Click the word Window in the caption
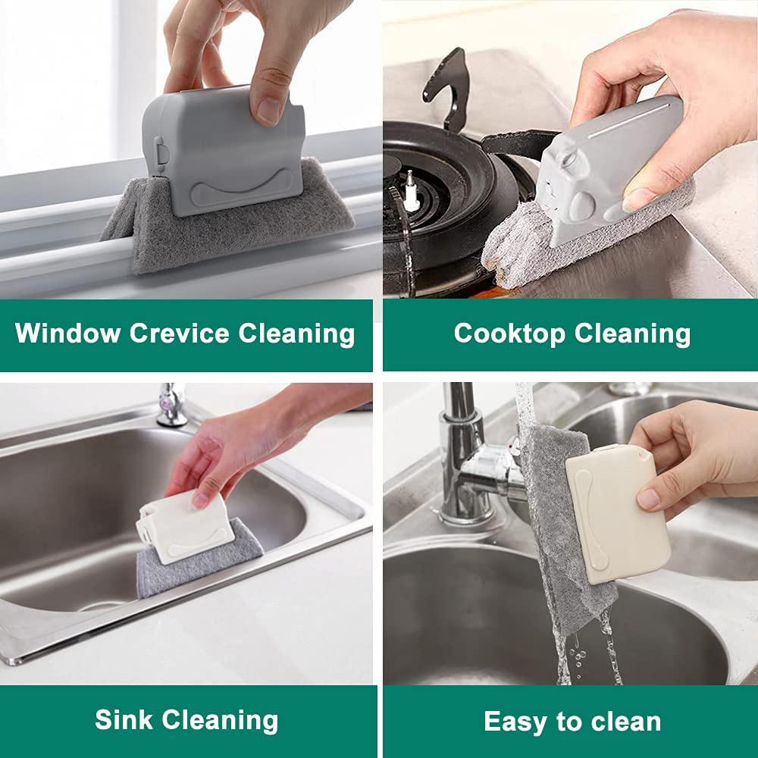(x=67, y=333)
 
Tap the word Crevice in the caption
(x=180, y=333)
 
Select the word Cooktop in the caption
(x=509, y=334)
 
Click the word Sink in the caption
(x=124, y=719)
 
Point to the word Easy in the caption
(x=515, y=722)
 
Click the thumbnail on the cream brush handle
(x=650, y=499)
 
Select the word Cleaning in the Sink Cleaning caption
(x=220, y=720)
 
